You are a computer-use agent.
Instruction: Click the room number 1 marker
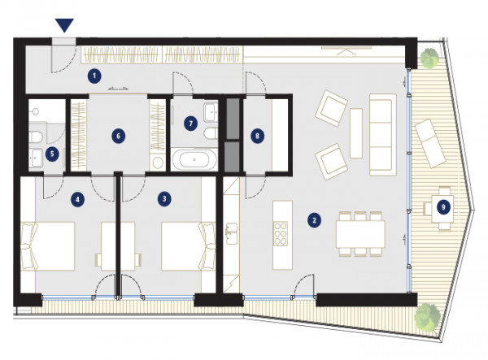(94, 76)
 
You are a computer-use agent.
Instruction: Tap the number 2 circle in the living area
(314, 220)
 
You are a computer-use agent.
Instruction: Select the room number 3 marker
(164, 198)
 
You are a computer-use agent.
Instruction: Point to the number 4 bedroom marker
(77, 199)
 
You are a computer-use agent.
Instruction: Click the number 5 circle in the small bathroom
(52, 154)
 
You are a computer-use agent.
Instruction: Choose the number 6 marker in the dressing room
(118, 136)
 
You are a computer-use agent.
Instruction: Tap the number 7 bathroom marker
(191, 124)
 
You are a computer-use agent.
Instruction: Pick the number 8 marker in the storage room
(257, 136)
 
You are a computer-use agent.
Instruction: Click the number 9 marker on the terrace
(443, 207)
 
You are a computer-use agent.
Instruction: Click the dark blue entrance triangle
(64, 25)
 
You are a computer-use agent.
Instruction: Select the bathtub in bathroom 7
(194, 159)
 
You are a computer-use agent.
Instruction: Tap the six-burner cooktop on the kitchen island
(280, 233)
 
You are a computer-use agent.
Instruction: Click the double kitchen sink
(231, 233)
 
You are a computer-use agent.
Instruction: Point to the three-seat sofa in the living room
(383, 135)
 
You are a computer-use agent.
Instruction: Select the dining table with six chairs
(360, 234)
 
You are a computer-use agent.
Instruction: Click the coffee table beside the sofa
(356, 133)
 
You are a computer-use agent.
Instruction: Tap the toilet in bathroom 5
(36, 137)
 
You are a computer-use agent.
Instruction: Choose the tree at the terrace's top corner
(429, 57)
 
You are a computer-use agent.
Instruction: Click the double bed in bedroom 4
(48, 246)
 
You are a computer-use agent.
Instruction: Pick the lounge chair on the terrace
(431, 143)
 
